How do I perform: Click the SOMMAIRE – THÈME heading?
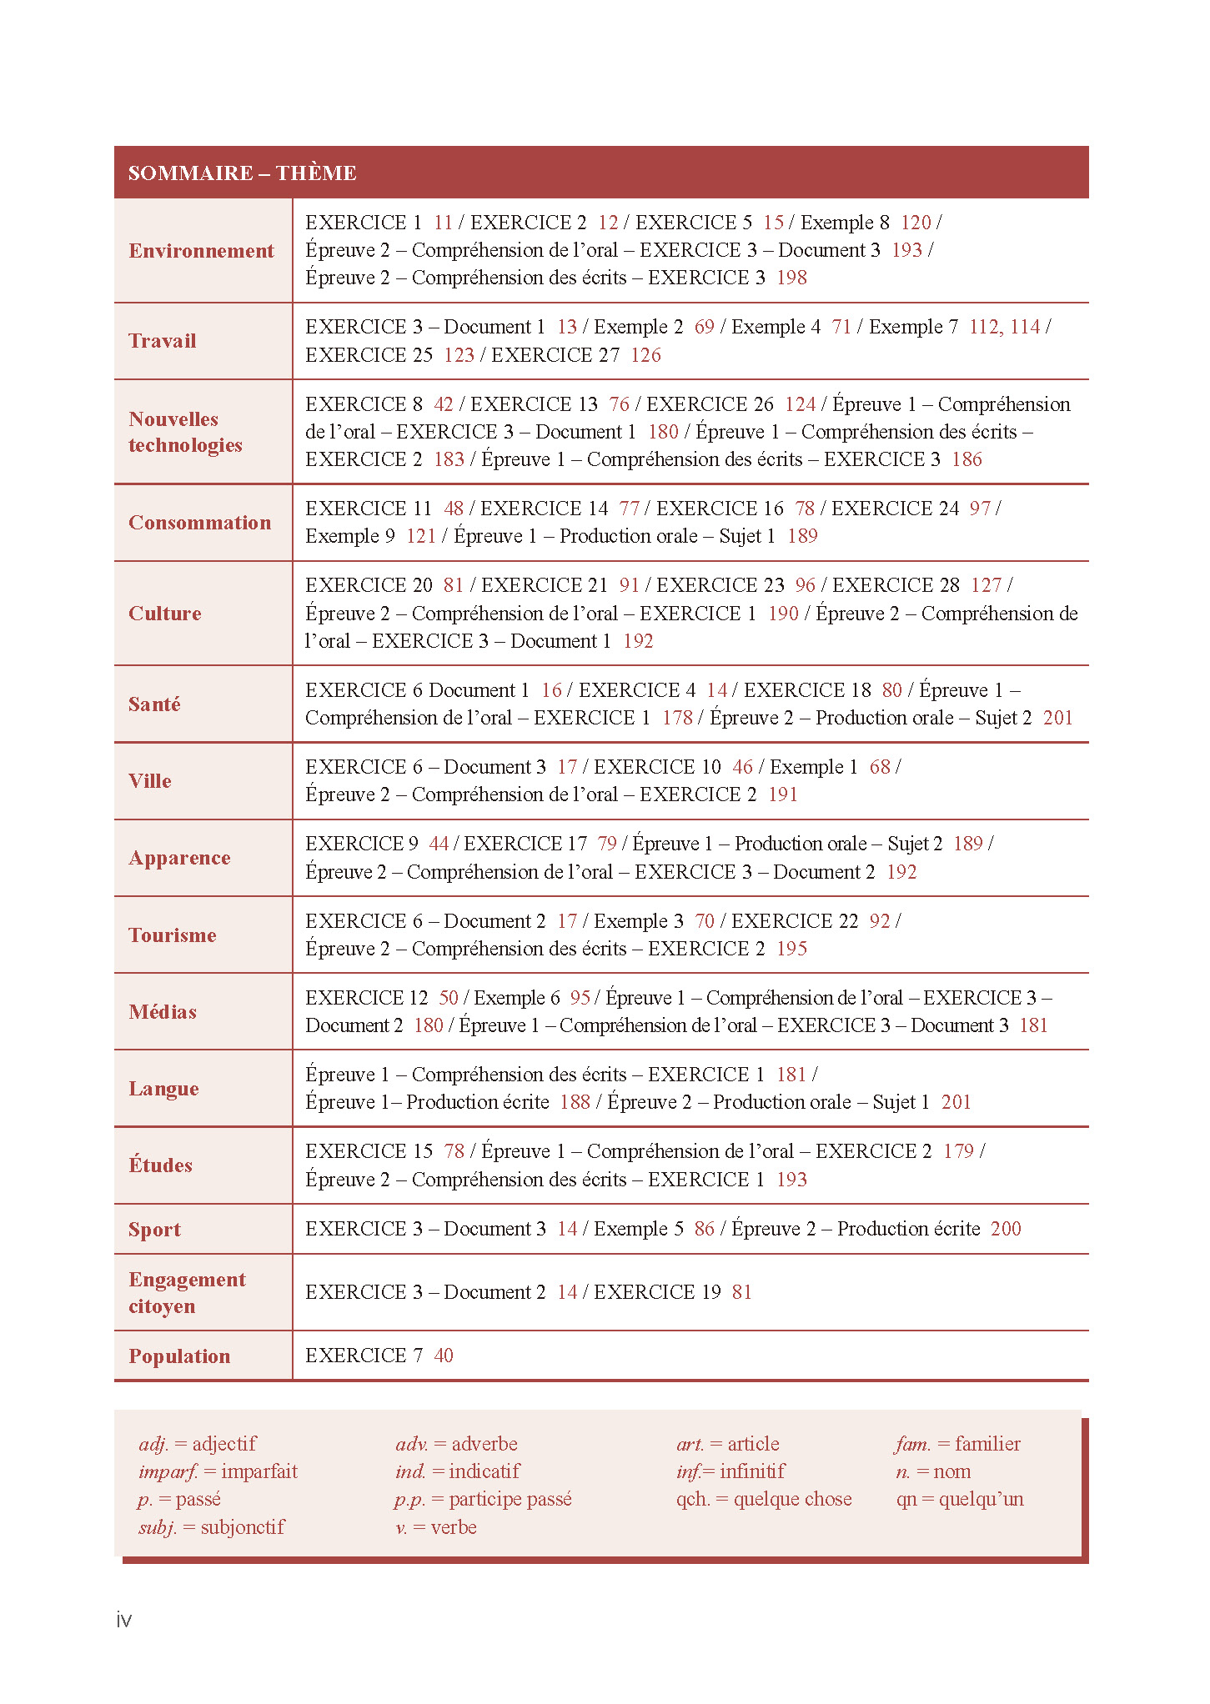[242, 173]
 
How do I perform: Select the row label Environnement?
[201, 251]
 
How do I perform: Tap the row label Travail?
[162, 341]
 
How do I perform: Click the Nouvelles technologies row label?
[185, 432]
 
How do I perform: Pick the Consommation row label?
[199, 523]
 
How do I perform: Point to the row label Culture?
[164, 614]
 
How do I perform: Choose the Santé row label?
[154, 704]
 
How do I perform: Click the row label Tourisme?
[172, 935]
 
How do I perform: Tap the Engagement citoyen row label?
[187, 1292]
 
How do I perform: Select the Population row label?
[179, 1356]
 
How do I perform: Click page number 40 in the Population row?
[444, 1356]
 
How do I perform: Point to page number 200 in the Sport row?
[1006, 1229]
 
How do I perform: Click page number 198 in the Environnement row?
[791, 278]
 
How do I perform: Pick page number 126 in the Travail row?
[645, 355]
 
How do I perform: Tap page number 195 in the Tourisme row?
[791, 949]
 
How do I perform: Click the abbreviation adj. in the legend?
[153, 1444]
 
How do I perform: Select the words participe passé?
[510, 1499]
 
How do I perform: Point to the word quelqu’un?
[981, 1499]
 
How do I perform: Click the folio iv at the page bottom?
[124, 1620]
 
